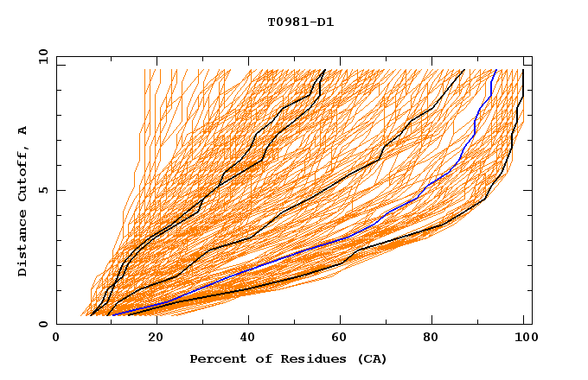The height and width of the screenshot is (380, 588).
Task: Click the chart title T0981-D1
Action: pos(300,22)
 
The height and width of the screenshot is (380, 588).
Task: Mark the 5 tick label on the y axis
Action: pos(42,190)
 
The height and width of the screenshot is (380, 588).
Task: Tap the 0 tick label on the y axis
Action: pos(42,324)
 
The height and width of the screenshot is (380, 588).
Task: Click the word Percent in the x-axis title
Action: pos(216,359)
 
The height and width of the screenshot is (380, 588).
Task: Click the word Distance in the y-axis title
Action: pos(23,245)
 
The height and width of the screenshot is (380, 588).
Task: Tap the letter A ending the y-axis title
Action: pos(23,130)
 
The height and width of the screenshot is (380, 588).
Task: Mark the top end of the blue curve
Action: pos(495,70)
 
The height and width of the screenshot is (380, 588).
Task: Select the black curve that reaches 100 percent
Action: pos(484,198)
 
